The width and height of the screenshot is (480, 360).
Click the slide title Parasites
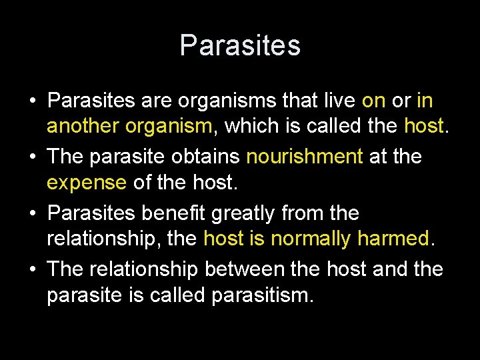pyautogui.click(x=240, y=45)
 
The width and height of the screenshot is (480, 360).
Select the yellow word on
pyautogui.click(x=373, y=101)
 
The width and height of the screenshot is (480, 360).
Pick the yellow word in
pyautogui.click(x=425, y=101)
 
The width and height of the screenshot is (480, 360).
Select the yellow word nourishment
pyautogui.click(x=305, y=157)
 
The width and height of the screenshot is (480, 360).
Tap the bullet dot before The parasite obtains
pyautogui.click(x=33, y=157)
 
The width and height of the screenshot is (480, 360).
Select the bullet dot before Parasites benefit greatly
pyautogui.click(x=33, y=214)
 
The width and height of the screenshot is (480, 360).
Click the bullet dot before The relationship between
pyautogui.click(x=33, y=270)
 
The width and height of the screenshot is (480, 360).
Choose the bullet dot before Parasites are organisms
pyautogui.click(x=33, y=101)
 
